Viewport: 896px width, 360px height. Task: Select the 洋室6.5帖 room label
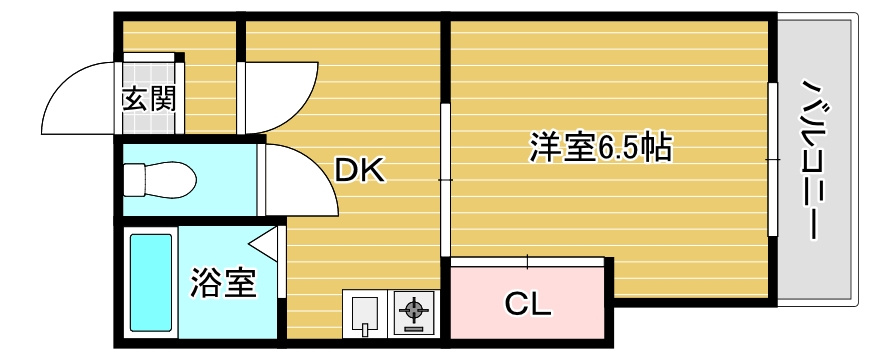pos(600,147)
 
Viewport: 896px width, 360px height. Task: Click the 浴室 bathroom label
pos(223,283)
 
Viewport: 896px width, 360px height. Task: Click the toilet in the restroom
pos(160,180)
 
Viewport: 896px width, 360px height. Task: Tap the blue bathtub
pos(151,283)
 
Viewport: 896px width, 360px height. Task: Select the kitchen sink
pos(365,314)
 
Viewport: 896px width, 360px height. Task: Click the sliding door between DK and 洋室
pos(445,180)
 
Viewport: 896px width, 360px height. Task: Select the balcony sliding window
pos(773,159)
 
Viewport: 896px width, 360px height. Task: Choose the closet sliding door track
pos(527,262)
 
